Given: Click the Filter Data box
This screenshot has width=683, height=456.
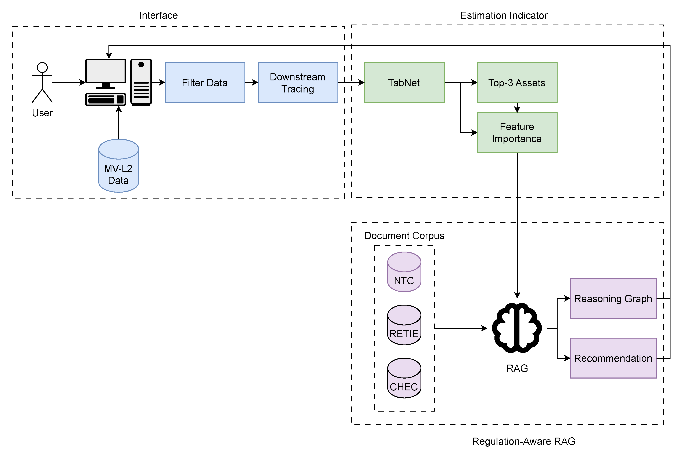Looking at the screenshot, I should click(205, 83).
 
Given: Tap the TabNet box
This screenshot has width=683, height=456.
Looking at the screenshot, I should click(404, 83).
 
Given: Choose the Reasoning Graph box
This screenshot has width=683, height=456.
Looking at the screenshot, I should click(613, 298).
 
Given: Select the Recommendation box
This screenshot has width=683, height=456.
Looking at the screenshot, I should click(613, 358).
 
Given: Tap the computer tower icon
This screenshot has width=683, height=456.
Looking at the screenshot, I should click(141, 82).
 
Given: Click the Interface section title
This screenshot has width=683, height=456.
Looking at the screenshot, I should click(158, 15).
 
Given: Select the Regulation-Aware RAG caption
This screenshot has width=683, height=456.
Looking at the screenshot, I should click(523, 441).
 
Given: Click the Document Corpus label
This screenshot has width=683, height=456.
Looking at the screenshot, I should click(404, 236).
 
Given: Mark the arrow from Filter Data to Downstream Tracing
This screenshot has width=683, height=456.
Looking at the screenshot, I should click(251, 83).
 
